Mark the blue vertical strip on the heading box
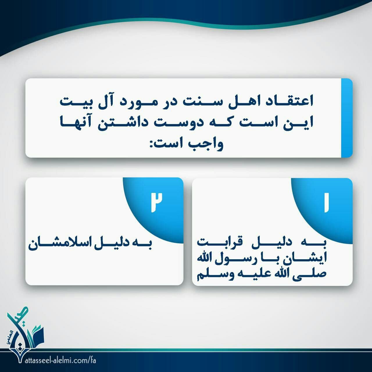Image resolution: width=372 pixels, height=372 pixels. coord(347,118)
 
